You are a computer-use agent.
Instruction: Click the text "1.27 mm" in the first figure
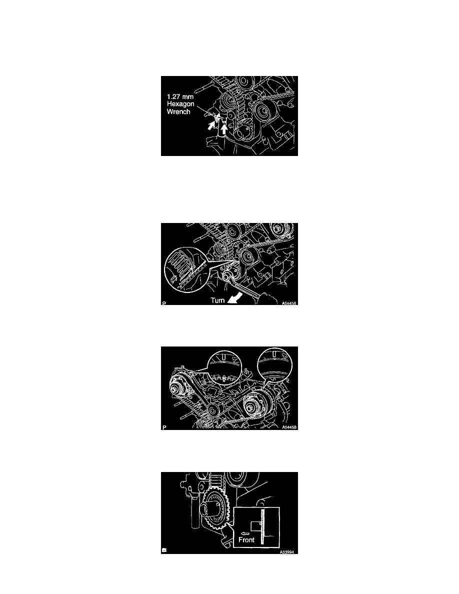click(x=180, y=96)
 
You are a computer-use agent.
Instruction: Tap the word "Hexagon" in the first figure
click(x=180, y=104)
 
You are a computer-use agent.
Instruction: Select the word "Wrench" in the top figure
click(x=179, y=112)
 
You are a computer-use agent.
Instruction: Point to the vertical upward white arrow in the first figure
click(x=224, y=129)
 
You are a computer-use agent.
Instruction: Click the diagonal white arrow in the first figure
click(x=211, y=125)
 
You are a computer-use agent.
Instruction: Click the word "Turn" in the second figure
click(x=218, y=300)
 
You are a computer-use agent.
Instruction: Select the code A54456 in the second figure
click(x=289, y=303)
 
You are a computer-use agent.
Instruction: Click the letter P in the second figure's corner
click(x=164, y=303)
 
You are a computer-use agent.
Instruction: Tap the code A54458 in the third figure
click(x=289, y=427)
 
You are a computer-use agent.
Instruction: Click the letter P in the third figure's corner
click(x=164, y=427)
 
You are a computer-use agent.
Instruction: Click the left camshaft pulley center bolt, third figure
click(x=174, y=389)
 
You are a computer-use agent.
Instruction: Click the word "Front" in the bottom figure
click(x=246, y=539)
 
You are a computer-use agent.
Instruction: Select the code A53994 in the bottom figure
click(x=287, y=552)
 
